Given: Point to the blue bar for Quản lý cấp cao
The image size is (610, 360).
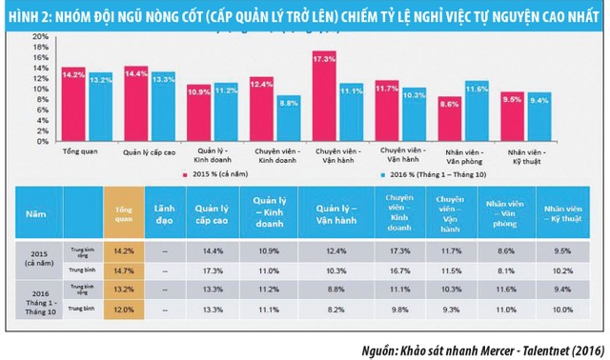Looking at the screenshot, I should coord(163,107).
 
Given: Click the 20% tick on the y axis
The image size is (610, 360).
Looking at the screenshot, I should coord(40,35).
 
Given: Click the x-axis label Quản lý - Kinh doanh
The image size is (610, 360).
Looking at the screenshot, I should coord(213,155).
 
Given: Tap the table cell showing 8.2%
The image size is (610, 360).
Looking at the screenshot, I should coord(328,309).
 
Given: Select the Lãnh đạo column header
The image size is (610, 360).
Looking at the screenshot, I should coord(162,209).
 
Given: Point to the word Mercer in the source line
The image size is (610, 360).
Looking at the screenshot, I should coord(474,348).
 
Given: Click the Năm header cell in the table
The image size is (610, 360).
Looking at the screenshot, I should coord(34,209).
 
